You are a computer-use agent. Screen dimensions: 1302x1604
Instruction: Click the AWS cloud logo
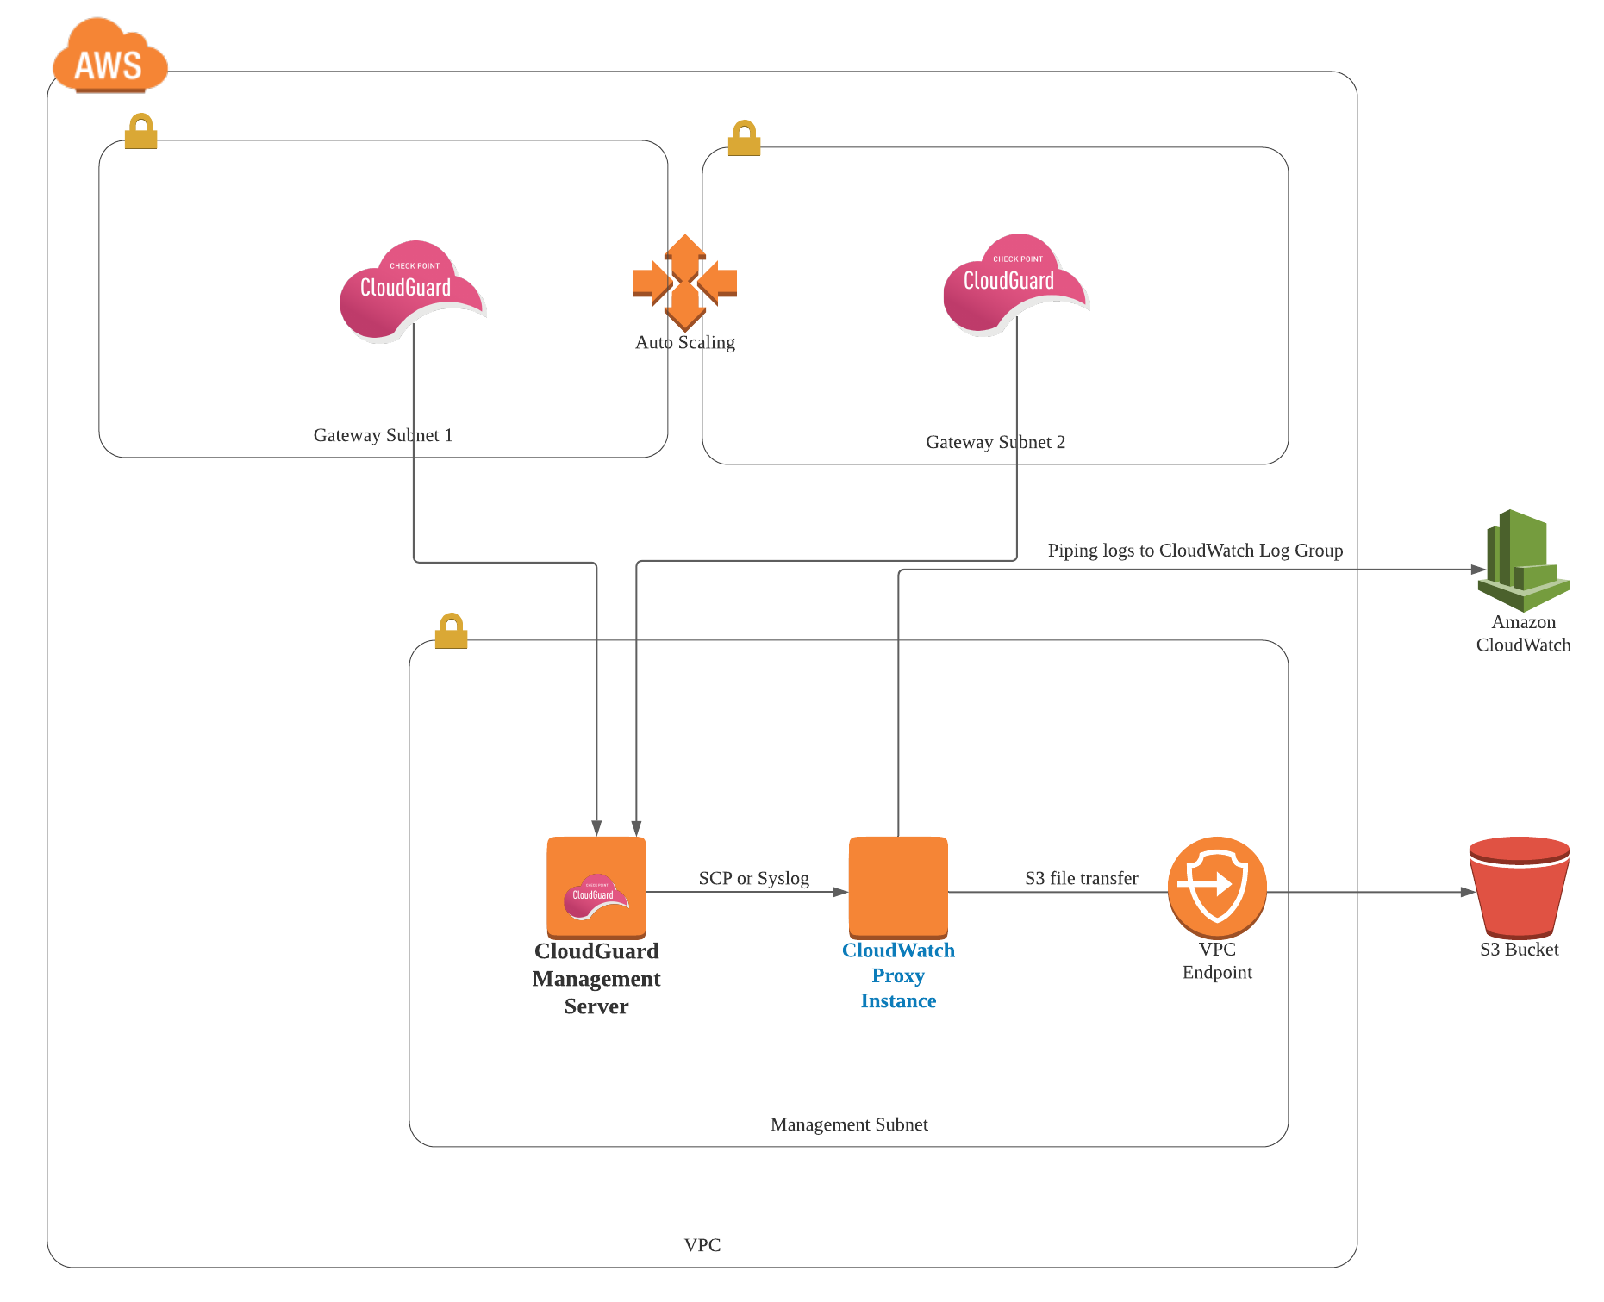click(109, 57)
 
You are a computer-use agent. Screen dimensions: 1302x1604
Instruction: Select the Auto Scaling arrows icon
click(685, 283)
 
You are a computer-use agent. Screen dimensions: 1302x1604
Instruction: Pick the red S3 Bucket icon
click(1519, 887)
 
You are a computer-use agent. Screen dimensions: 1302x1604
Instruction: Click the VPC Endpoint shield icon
click(1217, 887)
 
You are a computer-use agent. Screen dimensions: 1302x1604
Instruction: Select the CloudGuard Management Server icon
click(596, 887)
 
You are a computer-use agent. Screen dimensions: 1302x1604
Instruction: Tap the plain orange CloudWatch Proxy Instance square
click(898, 887)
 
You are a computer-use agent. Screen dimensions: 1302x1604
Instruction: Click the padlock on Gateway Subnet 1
click(140, 132)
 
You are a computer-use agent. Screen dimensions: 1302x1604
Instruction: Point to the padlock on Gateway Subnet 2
click(744, 139)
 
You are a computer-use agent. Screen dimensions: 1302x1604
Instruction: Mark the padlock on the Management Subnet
click(451, 632)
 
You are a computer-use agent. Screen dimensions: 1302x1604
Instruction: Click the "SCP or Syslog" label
click(753, 878)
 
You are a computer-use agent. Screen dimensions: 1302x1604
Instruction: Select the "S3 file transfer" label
click(1081, 878)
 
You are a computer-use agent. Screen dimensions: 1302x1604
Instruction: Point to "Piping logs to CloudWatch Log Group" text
click(1195, 551)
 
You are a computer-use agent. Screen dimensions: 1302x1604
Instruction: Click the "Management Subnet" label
click(849, 1124)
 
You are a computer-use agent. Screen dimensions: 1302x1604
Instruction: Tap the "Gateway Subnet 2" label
click(995, 442)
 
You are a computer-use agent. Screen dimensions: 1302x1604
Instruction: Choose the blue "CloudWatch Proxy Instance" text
click(898, 975)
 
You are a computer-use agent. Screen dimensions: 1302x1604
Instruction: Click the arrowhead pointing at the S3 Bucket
click(1468, 892)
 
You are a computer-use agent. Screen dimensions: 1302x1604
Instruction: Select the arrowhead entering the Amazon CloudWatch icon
click(1477, 570)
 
